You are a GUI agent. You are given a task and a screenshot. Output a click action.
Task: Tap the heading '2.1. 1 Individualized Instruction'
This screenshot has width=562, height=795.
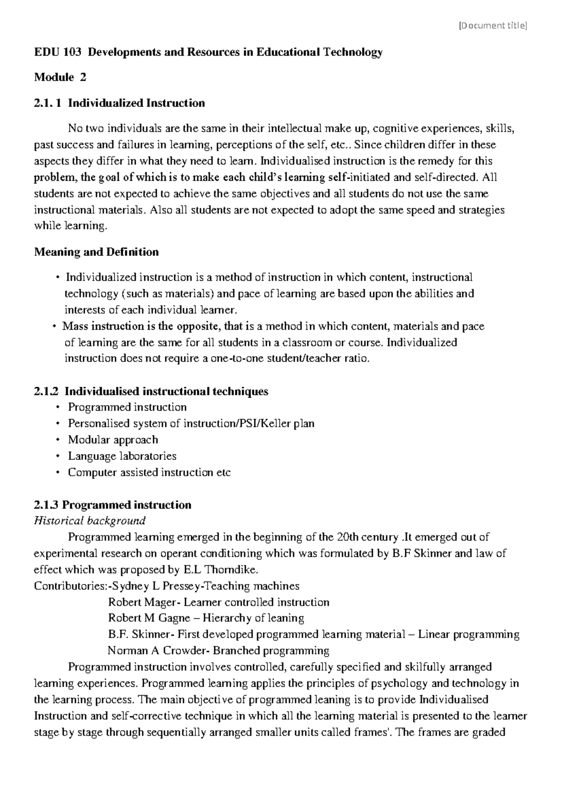coord(119,103)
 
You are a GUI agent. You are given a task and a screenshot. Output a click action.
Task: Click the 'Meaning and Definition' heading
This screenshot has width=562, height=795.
coord(96,252)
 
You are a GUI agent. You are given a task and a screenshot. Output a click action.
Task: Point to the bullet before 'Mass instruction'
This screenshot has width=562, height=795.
coord(55,326)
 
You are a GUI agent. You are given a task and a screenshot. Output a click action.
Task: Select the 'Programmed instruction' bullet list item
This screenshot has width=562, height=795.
coord(127,407)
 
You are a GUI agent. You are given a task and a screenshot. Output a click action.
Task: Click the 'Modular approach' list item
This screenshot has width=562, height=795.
coord(113,440)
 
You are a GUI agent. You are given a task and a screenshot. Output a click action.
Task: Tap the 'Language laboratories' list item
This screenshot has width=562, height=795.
coord(122,456)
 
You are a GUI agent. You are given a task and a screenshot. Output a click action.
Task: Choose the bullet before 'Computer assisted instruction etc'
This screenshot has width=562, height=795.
coord(58,472)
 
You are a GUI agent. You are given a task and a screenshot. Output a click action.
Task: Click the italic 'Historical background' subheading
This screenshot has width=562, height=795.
coord(89,520)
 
